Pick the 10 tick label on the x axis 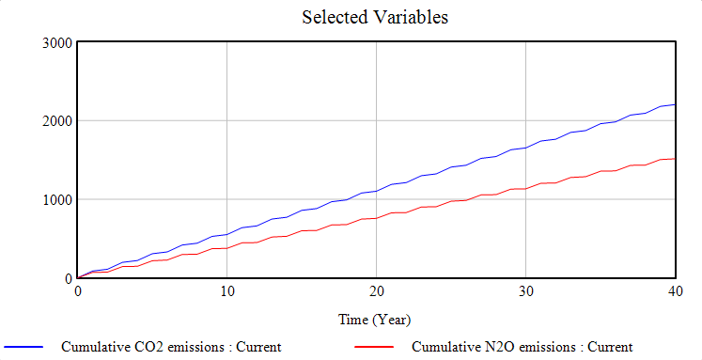coord(226,292)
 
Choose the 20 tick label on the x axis coord(376,292)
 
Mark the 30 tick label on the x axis coord(525,292)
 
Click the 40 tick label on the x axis coord(674,292)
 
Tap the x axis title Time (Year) coord(375,320)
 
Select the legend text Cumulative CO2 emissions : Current coord(171,347)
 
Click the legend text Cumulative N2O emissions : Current coord(523,347)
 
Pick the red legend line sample coord(376,347)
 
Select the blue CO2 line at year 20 coord(376,191)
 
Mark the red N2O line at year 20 coord(376,218)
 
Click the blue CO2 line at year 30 coord(525,148)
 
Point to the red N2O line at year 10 coord(226,248)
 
